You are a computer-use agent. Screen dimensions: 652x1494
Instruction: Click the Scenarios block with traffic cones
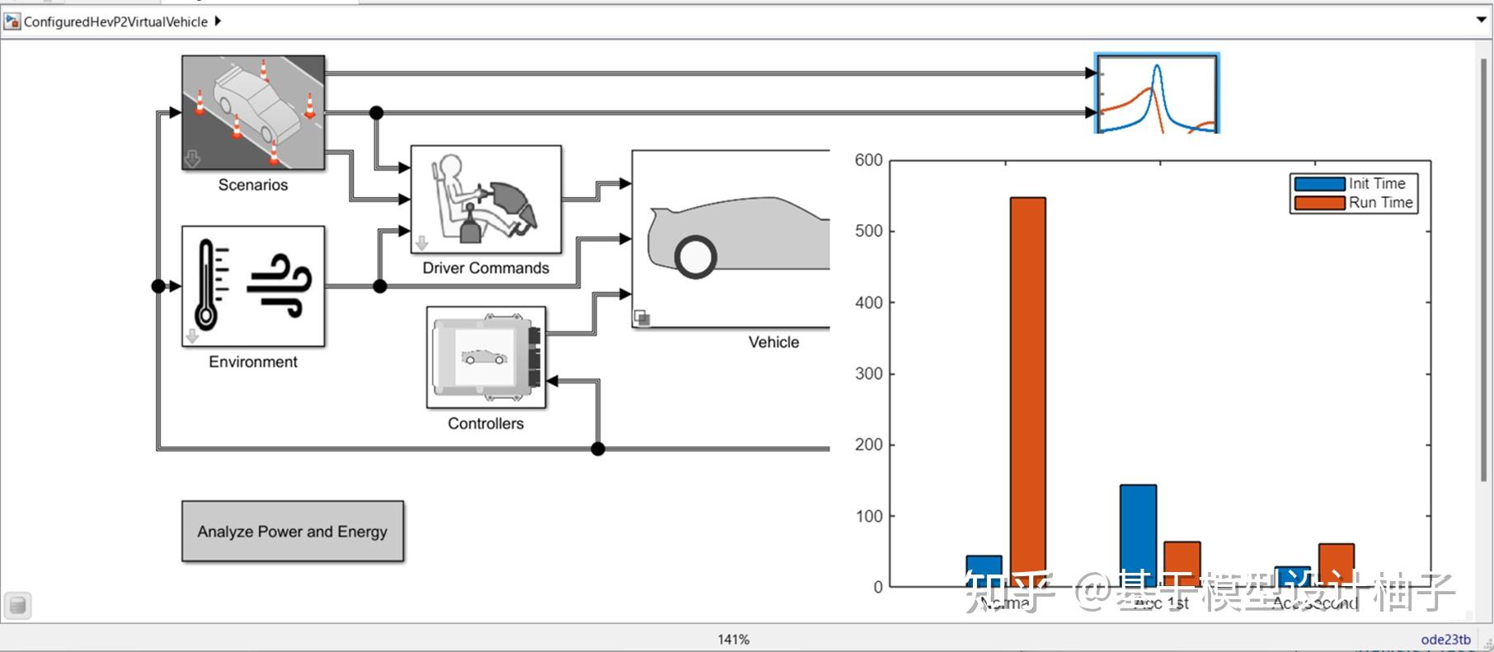tap(253, 113)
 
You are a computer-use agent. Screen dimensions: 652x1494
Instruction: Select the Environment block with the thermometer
tap(253, 286)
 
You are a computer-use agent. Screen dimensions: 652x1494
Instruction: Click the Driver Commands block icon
tap(486, 199)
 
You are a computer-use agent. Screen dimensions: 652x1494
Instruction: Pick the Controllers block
tap(486, 357)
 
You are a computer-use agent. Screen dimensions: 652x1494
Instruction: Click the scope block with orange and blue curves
tap(1157, 94)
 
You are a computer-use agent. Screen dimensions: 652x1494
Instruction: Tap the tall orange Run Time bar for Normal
tap(1027, 387)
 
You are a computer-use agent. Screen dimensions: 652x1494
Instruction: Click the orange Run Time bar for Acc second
tap(1336, 564)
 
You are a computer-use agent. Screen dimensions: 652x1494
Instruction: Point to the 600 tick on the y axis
tap(868, 160)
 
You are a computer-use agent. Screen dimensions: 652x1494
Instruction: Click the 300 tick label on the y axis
tap(868, 373)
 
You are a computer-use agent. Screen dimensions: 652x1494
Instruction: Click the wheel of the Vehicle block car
tap(695, 256)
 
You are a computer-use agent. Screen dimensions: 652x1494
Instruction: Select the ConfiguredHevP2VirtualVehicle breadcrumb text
tap(115, 21)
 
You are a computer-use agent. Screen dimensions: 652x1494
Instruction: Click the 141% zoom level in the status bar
tap(733, 639)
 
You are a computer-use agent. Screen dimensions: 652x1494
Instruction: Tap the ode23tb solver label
tap(1445, 639)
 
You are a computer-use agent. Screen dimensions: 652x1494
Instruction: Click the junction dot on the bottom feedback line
tap(598, 448)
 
